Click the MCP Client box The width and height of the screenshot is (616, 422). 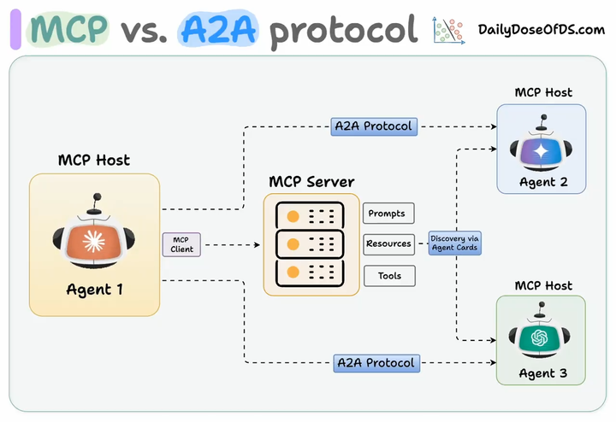point(181,244)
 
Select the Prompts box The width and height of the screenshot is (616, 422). point(388,213)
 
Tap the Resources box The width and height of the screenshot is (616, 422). point(388,244)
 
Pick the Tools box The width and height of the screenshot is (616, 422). point(389,276)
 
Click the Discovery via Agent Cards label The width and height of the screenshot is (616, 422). point(454,243)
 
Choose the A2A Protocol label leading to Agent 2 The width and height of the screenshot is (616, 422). point(374,126)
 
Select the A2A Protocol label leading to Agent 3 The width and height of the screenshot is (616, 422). point(376,363)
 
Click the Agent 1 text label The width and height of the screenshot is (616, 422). point(94,290)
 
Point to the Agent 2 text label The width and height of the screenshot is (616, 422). point(543,182)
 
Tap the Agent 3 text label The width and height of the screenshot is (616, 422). point(543,373)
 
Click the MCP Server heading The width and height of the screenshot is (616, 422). point(311,182)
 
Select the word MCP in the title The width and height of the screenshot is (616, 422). point(68,29)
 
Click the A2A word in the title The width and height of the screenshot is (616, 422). point(218,29)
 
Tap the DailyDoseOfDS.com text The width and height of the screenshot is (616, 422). point(542,30)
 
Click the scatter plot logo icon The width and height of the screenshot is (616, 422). point(448,30)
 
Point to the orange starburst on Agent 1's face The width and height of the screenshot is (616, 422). point(93,241)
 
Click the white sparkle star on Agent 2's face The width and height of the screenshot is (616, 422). point(541,152)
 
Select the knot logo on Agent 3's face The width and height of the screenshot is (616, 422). point(539,337)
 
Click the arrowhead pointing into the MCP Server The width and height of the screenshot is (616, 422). point(257,244)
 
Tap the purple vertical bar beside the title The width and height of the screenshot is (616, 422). point(15,29)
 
